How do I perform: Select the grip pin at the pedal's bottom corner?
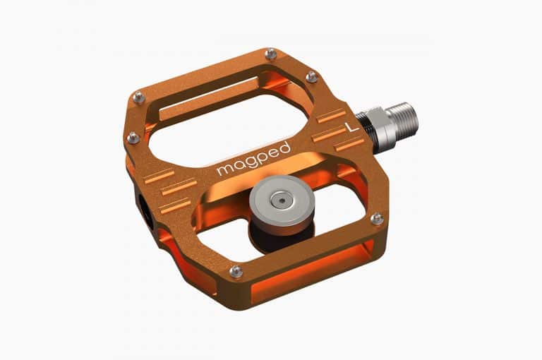click(236, 270)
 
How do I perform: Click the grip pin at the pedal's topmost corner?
click(270, 54)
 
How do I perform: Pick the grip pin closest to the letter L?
click(311, 77)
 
